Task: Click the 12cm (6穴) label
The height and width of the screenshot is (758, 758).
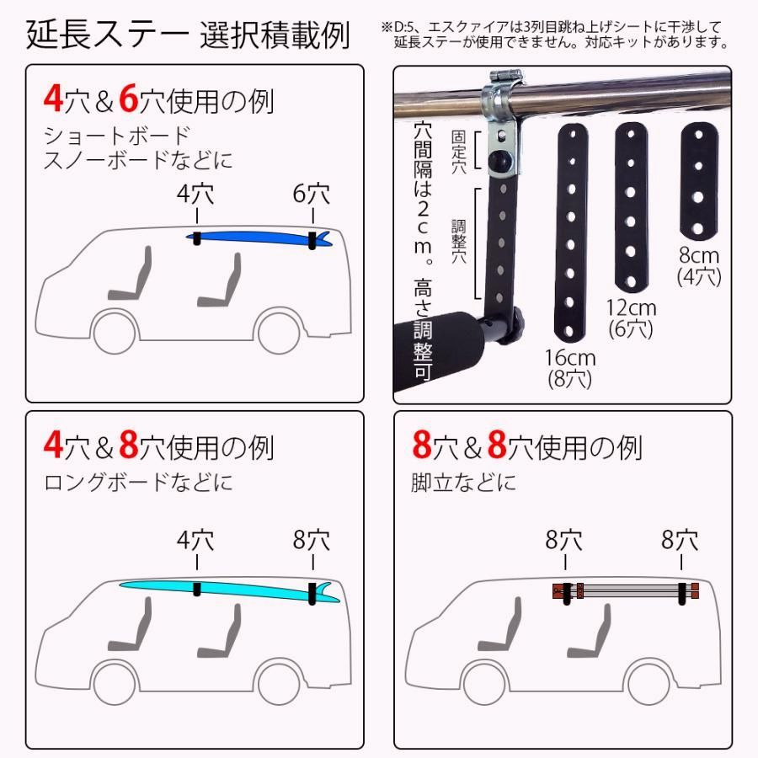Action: pyautogui.click(x=631, y=318)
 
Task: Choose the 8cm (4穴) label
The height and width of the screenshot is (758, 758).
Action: pyautogui.click(x=699, y=264)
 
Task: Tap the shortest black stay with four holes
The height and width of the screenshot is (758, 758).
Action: pyautogui.click(x=697, y=180)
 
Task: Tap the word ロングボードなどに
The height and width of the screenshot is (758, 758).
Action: pyautogui.click(x=138, y=483)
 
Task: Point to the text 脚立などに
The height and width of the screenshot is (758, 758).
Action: pyautogui.click(x=464, y=483)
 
